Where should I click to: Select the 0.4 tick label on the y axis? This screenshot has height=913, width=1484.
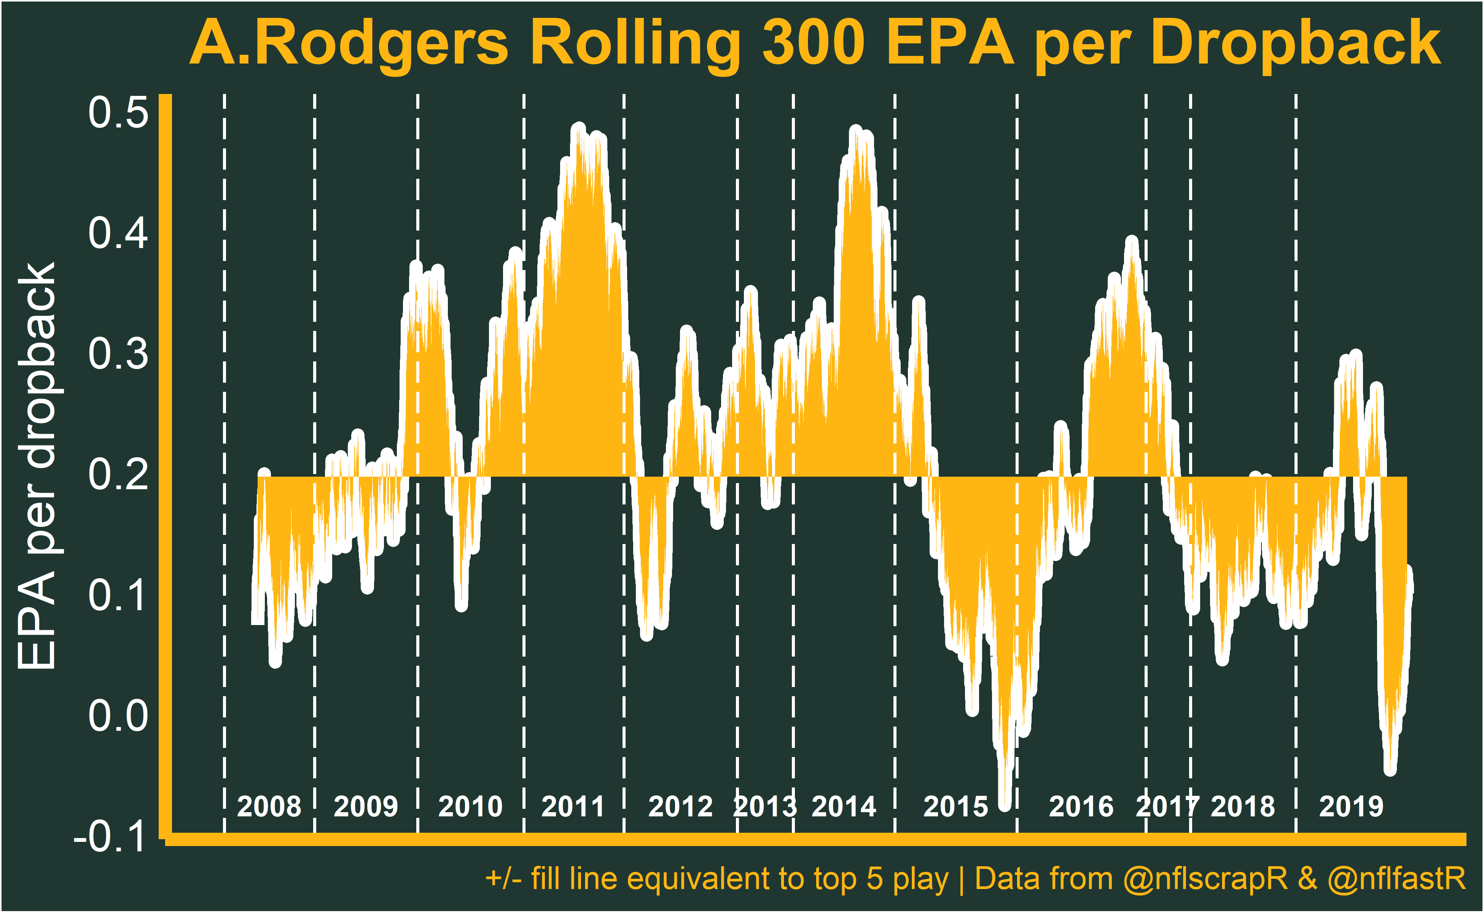118,233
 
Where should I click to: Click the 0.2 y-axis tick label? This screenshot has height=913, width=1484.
118,475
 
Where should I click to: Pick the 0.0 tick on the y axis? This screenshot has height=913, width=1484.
118,716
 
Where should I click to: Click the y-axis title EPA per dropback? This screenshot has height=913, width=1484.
37,466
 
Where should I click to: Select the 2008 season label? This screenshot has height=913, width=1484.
269,807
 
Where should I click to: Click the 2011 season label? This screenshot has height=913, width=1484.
573,807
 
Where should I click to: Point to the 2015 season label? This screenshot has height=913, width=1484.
955,807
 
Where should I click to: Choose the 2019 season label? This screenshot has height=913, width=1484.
1351,807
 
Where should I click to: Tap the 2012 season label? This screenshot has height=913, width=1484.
680,807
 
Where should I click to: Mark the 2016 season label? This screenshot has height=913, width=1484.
1081,807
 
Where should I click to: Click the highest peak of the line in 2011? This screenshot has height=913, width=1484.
579,129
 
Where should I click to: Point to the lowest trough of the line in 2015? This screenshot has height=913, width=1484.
1005,805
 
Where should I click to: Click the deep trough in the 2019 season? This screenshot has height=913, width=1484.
1390,770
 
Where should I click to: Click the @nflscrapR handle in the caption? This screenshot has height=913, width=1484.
1205,879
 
